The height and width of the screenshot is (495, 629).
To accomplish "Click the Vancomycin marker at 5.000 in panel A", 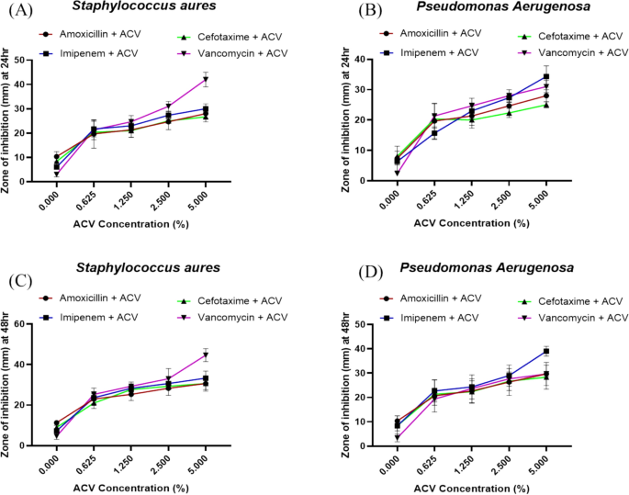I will tap(205, 79).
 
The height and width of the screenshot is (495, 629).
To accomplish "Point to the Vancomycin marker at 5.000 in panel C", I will tap(205, 355).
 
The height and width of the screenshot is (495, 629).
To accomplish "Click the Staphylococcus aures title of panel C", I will tap(129, 268).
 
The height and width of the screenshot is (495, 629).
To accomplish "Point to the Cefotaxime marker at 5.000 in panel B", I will tap(546, 105).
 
